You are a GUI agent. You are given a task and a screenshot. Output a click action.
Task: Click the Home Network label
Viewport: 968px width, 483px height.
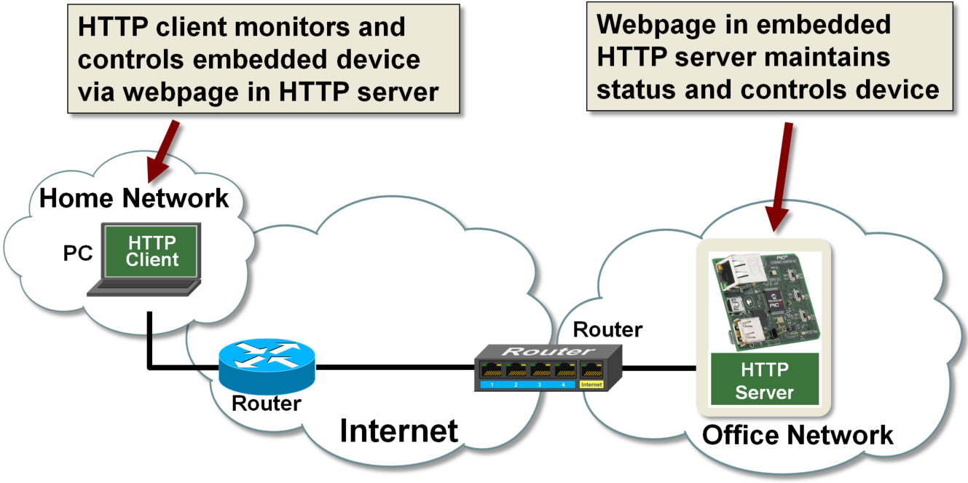click(134, 197)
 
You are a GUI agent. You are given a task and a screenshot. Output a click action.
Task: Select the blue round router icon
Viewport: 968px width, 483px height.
click(267, 362)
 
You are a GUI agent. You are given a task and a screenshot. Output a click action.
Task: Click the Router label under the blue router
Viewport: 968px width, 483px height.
click(266, 402)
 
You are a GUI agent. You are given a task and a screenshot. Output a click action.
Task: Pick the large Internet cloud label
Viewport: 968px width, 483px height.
click(399, 431)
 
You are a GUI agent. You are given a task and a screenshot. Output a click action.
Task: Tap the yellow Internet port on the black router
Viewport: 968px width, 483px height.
click(590, 383)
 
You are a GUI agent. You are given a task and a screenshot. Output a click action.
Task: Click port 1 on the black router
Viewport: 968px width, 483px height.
click(492, 383)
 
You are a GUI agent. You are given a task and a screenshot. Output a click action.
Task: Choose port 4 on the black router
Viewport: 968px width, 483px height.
click(562, 383)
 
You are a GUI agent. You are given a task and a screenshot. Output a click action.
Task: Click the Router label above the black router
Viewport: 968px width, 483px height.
click(607, 329)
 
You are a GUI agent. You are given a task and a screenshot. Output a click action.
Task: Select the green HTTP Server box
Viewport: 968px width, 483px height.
click(764, 380)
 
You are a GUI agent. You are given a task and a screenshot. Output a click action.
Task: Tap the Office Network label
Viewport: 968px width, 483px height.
click(798, 435)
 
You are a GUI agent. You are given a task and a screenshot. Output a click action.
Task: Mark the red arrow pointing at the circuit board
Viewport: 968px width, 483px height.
click(781, 175)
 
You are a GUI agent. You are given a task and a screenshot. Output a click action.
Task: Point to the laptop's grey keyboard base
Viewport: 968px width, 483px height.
click(144, 289)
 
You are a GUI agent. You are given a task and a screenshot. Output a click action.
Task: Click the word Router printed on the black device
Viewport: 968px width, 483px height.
click(548, 351)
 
